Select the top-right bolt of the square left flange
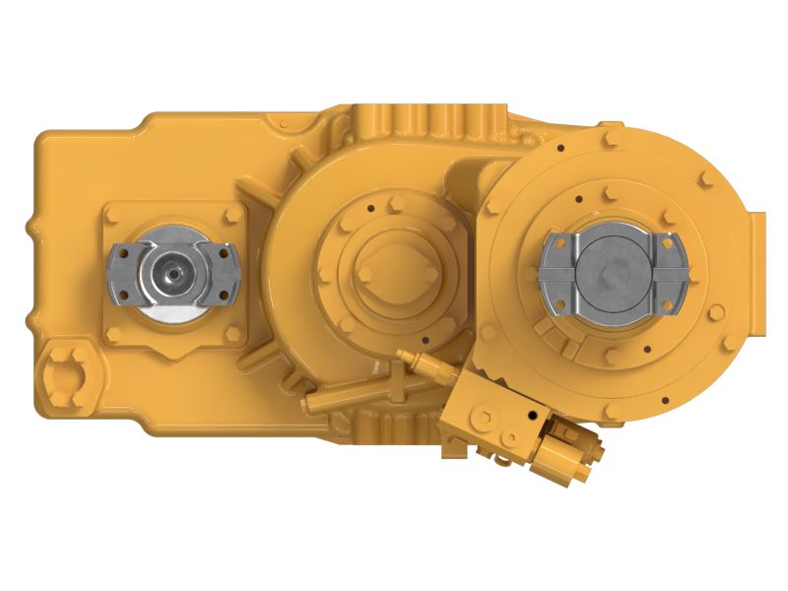point(233,215)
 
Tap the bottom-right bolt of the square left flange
point(233,334)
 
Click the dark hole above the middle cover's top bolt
point(373,208)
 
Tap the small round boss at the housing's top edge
point(285,125)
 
